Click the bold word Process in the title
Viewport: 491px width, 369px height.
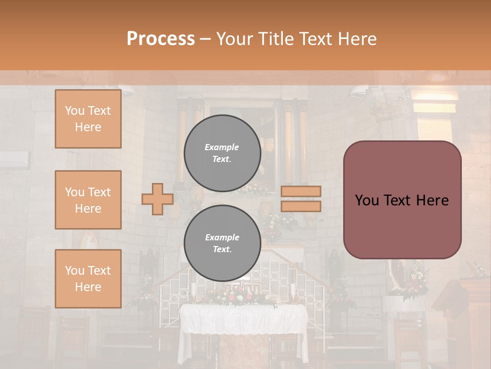(161, 39)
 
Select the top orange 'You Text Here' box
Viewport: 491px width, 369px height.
(88, 119)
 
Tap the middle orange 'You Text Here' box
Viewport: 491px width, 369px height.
(88, 200)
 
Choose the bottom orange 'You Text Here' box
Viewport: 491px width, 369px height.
(88, 279)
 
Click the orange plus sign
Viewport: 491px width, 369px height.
(158, 199)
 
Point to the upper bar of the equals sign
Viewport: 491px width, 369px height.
(301, 191)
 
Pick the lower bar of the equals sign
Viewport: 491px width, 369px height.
(301, 206)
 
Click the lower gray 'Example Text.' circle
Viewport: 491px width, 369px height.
(222, 243)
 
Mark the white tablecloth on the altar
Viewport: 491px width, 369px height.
(243, 320)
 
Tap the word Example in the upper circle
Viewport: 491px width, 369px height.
(222, 147)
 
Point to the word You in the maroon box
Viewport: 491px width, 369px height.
(367, 200)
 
